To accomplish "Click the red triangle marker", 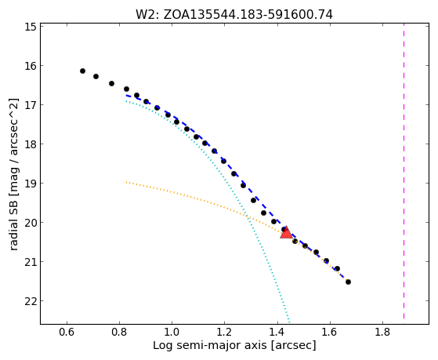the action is click(x=286, y=233).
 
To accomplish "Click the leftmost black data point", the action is click(x=82, y=71).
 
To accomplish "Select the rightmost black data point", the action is click(x=348, y=282).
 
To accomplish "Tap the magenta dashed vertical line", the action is click(x=404, y=171).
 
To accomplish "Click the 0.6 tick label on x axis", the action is click(x=67, y=332).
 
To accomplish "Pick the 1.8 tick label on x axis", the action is click(x=382, y=332).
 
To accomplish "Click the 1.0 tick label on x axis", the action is click(x=172, y=332).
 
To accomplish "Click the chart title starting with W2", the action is click(x=234, y=14).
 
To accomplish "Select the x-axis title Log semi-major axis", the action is click(x=234, y=346).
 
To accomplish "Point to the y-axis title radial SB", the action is click(x=14, y=174).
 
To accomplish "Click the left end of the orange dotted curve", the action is click(x=126, y=182).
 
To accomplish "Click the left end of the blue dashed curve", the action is click(x=126, y=96).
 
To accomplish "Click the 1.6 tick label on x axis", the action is click(x=330, y=332).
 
